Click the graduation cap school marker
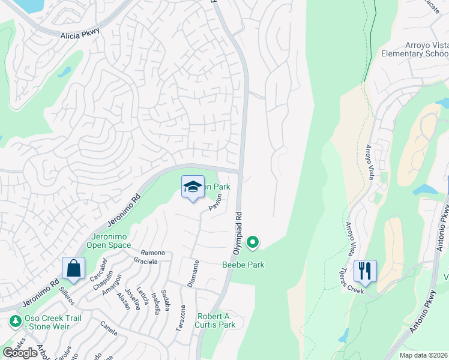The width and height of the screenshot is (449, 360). (x=193, y=188)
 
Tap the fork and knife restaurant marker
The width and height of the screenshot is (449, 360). (x=364, y=271)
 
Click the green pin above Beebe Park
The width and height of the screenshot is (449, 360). (x=253, y=242)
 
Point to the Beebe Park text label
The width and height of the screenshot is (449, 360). (x=243, y=265)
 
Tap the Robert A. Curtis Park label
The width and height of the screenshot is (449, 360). (x=217, y=320)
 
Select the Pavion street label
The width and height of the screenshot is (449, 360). (x=215, y=202)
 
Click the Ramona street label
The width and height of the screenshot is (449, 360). (x=152, y=253)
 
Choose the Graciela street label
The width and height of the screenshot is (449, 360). (x=145, y=262)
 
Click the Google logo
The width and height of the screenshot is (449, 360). (x=20, y=353)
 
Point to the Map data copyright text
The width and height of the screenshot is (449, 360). (x=424, y=355)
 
